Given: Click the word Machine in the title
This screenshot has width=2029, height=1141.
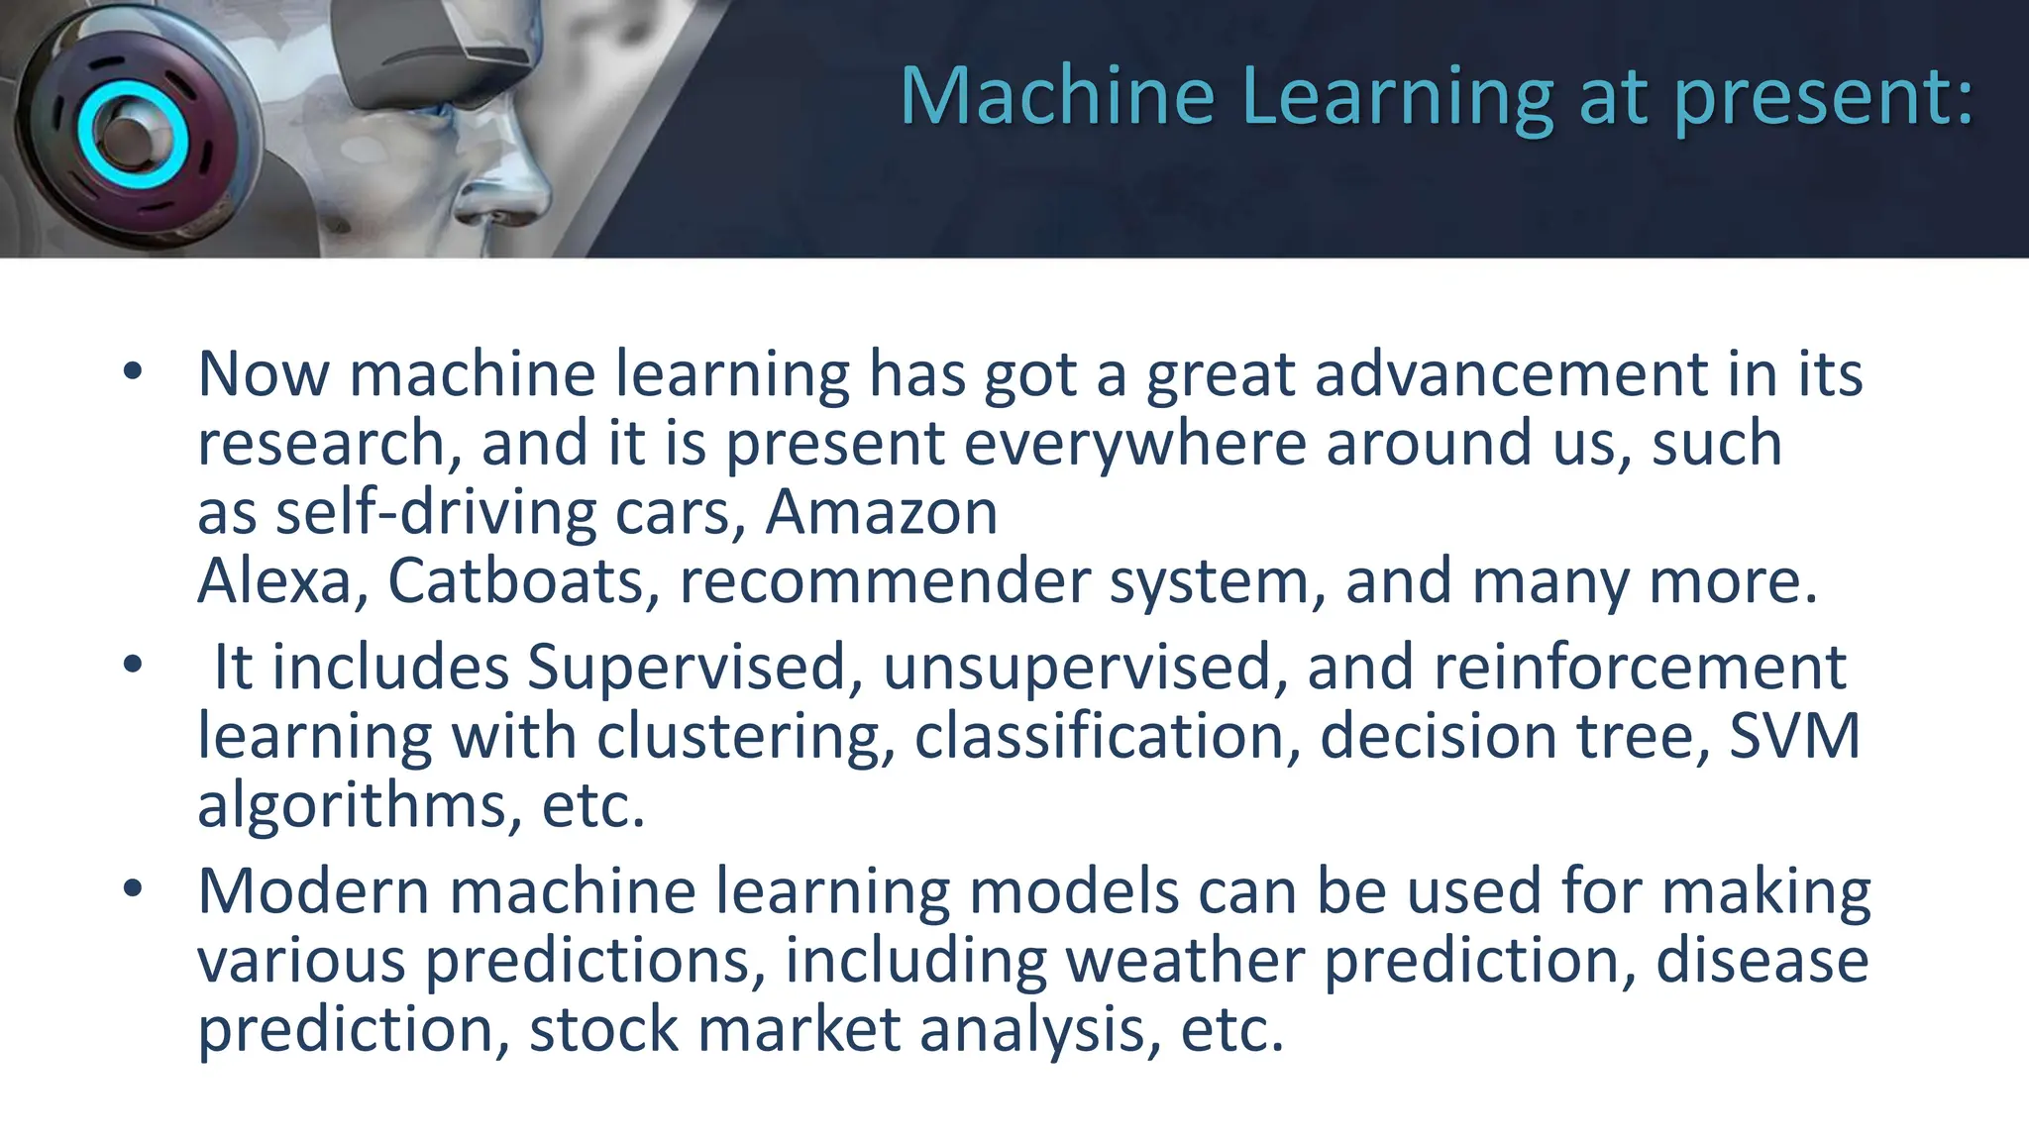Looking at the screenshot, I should tap(1056, 96).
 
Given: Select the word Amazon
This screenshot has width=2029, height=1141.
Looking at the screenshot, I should tap(881, 512).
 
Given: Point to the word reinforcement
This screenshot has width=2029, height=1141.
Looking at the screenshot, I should tap(1640, 668).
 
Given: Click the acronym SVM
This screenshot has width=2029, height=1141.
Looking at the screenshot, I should tap(1794, 736).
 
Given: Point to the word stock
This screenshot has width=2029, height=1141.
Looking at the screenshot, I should tap(603, 1030).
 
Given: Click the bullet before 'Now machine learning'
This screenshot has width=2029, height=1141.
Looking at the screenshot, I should tap(133, 372).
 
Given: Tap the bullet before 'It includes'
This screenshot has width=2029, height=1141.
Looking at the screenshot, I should tap(133, 665).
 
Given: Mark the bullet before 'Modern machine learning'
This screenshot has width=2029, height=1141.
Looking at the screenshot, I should tap(133, 888).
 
